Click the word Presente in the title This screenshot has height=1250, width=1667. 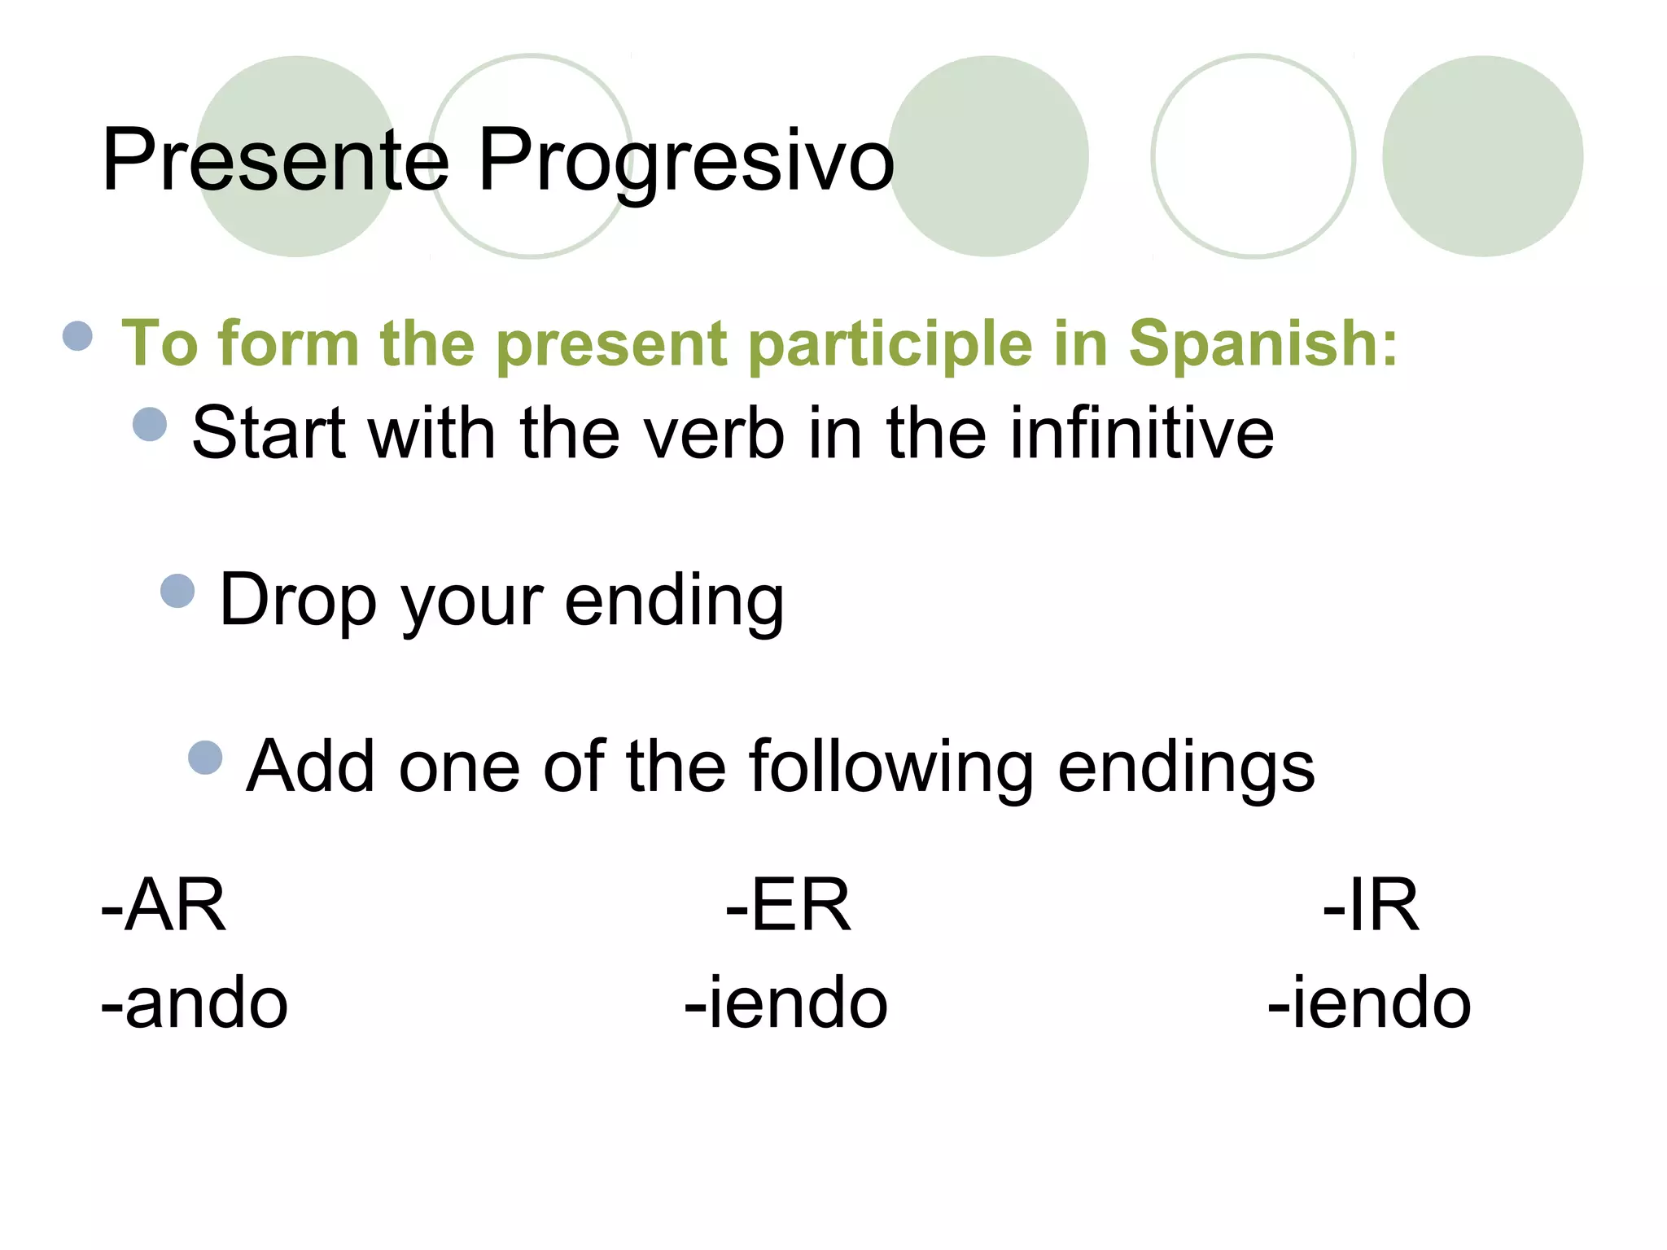275,160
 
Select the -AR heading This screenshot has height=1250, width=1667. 164,906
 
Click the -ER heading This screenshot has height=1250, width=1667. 788,906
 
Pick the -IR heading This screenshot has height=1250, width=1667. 1371,906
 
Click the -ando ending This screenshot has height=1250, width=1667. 195,1003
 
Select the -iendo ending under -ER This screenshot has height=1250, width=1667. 786,1003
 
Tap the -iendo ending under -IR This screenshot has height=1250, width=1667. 1370,1003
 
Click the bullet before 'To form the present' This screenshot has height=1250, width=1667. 77,335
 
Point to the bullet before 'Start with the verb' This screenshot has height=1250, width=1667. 150,424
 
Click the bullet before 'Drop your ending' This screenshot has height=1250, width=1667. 177,591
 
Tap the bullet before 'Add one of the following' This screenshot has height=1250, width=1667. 205,758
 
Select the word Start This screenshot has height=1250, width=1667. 269,433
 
